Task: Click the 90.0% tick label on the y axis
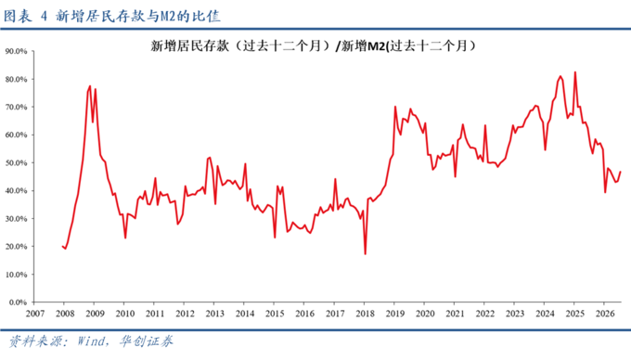[16, 51]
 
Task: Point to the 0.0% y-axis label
[19, 302]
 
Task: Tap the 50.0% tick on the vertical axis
[16, 163]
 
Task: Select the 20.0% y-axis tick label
[16, 247]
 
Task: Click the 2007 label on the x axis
[35, 314]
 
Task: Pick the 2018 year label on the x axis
[365, 314]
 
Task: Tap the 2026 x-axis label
[605, 314]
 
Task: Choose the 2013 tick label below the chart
[215, 314]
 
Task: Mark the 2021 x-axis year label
[455, 314]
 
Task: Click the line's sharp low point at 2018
[365, 254]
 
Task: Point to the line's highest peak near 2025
[574, 72]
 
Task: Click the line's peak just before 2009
[90, 85]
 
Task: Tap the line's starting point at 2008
[62, 246]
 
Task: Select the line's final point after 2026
[621, 172]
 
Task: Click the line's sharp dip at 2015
[275, 238]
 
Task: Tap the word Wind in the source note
[91, 341]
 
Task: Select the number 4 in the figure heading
[44, 17]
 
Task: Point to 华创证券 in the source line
[146, 341]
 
